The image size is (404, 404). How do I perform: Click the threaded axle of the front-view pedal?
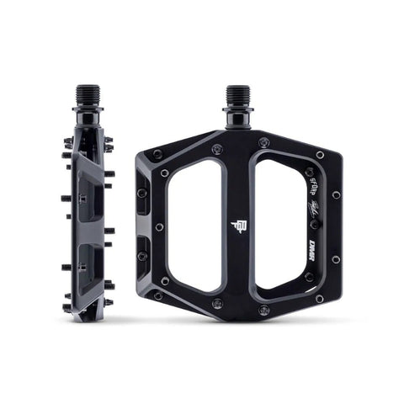237,95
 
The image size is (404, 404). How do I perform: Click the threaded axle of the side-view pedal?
88,95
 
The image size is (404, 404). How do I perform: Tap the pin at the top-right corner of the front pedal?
320,155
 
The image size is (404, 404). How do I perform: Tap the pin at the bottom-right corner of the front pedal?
319,298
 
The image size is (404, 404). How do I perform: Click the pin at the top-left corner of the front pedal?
157,154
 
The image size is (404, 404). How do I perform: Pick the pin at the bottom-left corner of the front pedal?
157,296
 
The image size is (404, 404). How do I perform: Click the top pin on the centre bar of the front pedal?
217,149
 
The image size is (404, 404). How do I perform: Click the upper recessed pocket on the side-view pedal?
86,189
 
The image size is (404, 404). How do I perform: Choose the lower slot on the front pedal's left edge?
141,250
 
